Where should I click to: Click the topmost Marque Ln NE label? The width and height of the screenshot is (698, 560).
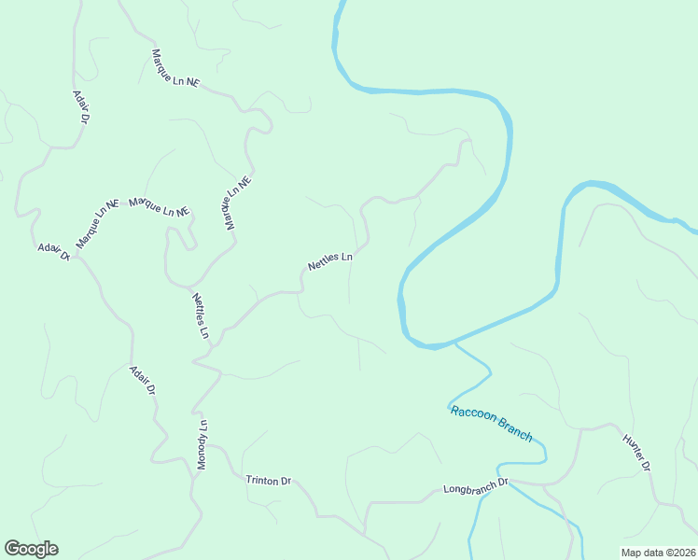click(x=175, y=68)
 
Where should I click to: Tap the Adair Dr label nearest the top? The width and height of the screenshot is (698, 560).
click(x=80, y=107)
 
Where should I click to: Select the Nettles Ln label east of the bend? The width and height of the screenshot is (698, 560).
click(x=330, y=260)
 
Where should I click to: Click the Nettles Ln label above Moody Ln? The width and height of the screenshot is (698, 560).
click(x=201, y=316)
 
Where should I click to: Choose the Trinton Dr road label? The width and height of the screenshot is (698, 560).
click(x=269, y=481)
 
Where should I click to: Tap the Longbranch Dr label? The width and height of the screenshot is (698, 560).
click(x=475, y=487)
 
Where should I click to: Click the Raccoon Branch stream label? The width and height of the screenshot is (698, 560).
click(x=491, y=423)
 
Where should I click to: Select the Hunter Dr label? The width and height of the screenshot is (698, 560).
click(x=635, y=452)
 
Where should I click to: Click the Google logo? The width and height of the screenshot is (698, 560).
click(x=31, y=549)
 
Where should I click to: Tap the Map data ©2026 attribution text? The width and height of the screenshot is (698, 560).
click(x=658, y=552)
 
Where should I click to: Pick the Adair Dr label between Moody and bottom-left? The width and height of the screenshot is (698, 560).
click(x=141, y=380)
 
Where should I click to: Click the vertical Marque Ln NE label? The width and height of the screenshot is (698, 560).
click(x=237, y=204)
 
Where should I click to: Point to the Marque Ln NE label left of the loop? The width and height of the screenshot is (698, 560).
click(x=159, y=206)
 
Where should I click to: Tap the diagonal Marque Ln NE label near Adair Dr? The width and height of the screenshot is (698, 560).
click(x=98, y=222)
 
